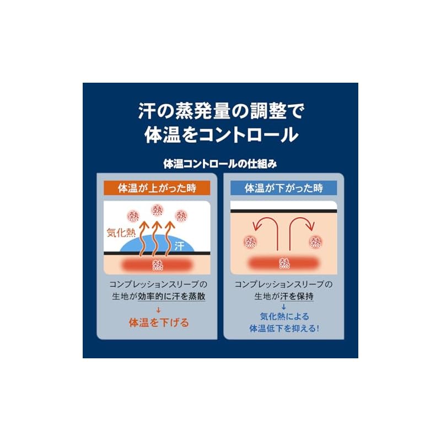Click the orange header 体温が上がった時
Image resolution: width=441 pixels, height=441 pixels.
pyautogui.click(x=157, y=188)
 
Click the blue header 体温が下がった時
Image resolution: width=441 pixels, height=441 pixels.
pyautogui.click(x=283, y=188)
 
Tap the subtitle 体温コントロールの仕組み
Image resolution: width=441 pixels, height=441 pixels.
pyautogui.click(x=220, y=164)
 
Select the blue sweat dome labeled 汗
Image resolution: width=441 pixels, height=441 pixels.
pyautogui.click(x=158, y=244)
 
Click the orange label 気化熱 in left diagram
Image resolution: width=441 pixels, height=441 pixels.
pyautogui.click(x=121, y=233)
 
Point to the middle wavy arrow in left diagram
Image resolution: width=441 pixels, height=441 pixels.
pyautogui.click(x=157, y=239)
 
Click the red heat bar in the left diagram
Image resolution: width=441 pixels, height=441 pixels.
pyautogui.click(x=157, y=265)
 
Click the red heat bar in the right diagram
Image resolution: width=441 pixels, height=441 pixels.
pyautogui.click(x=284, y=263)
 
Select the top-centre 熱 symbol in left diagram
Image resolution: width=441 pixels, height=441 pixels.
pyautogui.click(x=157, y=211)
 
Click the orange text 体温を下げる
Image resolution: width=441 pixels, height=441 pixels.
pyautogui.click(x=159, y=322)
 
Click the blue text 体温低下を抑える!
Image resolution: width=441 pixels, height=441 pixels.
pyautogui.click(x=284, y=328)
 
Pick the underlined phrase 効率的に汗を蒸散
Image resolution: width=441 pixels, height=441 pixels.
pyautogui.click(x=171, y=297)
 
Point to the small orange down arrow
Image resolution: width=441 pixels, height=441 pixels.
pyautogui.click(x=158, y=310)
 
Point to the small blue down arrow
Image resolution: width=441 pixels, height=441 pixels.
pyautogui.click(x=283, y=307)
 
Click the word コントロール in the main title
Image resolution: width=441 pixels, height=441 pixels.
pyautogui.click(x=249, y=135)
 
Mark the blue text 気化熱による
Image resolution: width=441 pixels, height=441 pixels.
pyautogui.click(x=284, y=316)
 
